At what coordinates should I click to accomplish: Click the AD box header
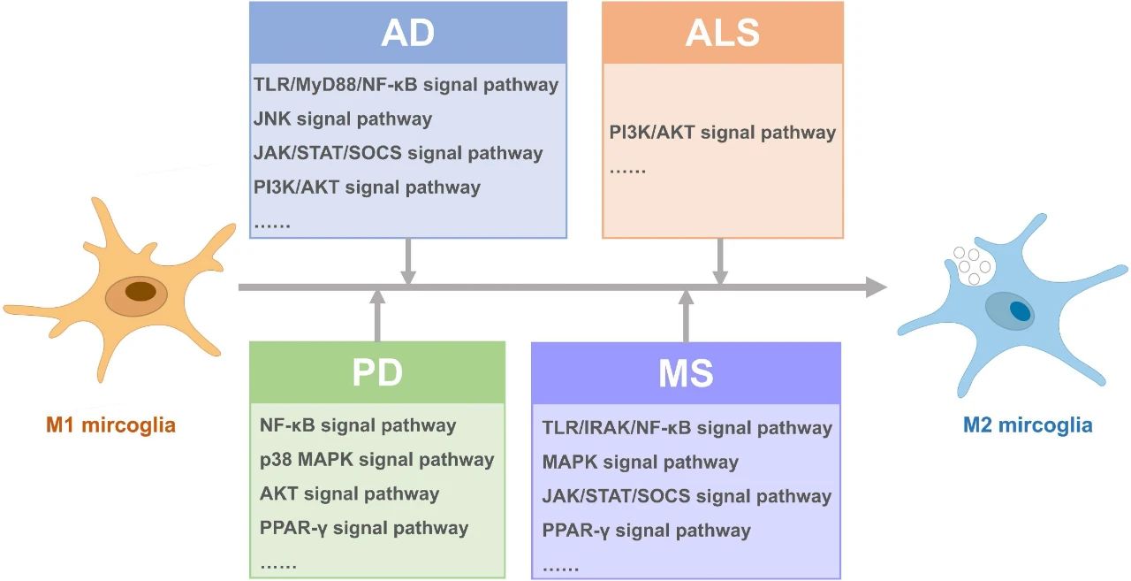pos(408,33)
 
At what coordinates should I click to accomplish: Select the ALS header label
pos(723,33)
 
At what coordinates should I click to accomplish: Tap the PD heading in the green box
pos(377,373)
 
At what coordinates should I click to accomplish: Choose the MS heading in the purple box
pos(686,373)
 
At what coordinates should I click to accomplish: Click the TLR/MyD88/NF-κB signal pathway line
pos(406,85)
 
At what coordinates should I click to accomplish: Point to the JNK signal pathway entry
pos(343,119)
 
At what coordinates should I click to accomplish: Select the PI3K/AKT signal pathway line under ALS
pos(723,133)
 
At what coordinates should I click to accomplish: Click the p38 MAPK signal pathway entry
pos(376,460)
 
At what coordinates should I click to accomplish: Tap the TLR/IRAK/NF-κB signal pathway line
pos(687,428)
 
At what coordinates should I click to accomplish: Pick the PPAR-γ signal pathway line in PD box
pos(364,529)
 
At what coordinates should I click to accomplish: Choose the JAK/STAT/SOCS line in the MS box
pos(687,497)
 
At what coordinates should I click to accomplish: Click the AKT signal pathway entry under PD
pos(349,494)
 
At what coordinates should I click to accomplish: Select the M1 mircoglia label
pos(110,425)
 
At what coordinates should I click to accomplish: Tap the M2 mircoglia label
pos(1028,425)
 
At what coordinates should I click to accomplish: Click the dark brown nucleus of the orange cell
pos(140,292)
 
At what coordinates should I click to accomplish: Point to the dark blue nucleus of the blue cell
pos(1020,310)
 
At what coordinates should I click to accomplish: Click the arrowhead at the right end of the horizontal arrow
pos(877,287)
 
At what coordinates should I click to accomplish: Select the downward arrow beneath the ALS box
pos(720,261)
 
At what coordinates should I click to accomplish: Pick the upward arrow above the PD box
pos(377,317)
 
